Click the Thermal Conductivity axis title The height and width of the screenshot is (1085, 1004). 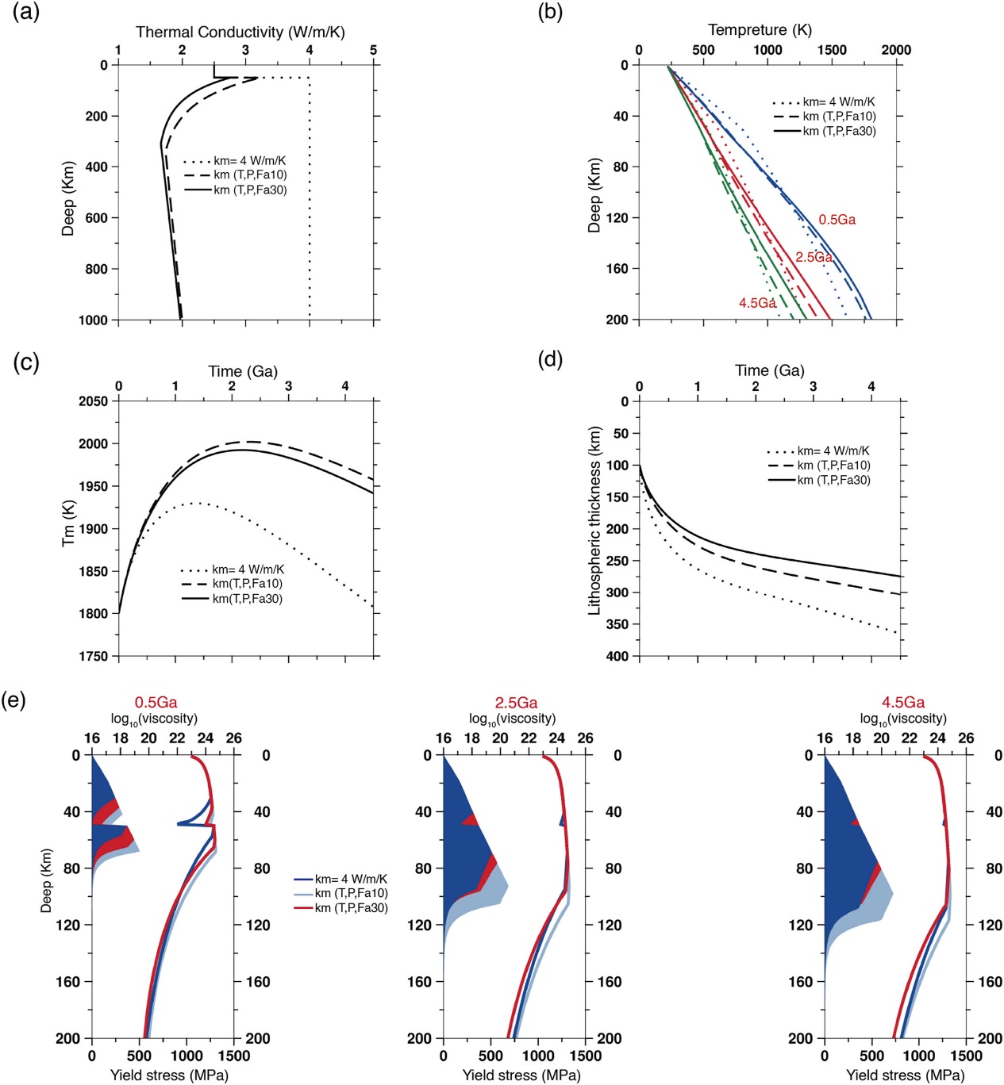click(240, 32)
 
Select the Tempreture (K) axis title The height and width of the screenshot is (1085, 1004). click(760, 29)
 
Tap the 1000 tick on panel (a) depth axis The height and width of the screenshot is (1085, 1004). click(92, 320)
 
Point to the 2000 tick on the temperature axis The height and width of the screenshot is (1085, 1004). click(896, 50)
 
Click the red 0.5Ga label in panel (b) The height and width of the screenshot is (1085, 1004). click(837, 220)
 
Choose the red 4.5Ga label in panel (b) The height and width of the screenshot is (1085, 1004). click(757, 303)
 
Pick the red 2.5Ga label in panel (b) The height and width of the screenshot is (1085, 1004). click(814, 257)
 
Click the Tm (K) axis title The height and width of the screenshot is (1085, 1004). click(68, 523)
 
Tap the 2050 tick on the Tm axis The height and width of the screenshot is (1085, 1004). click(93, 401)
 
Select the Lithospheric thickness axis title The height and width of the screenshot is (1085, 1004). click(594, 521)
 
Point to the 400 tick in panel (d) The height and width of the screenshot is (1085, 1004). click(617, 656)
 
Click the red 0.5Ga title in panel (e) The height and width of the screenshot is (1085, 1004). click(156, 702)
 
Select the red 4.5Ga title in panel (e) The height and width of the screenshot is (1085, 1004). click(903, 702)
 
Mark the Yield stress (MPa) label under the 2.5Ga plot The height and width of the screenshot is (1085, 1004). click(521, 1075)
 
